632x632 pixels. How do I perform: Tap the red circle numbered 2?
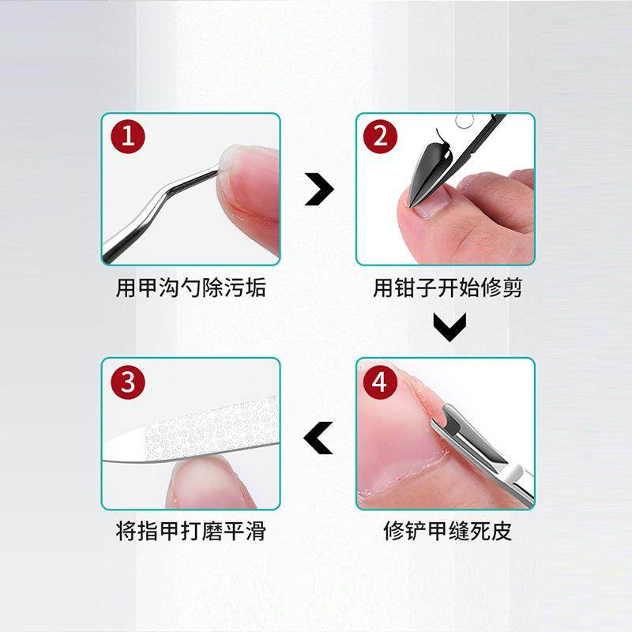[380, 138]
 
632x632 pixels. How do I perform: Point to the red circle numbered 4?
[380, 384]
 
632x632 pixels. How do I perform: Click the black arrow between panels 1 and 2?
[318, 190]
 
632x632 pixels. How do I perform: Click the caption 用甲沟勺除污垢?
[190, 288]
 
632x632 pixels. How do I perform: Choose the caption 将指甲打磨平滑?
[190, 531]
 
